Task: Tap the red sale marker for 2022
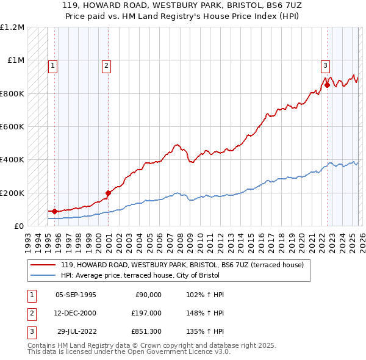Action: click(x=327, y=85)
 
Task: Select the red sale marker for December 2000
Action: click(x=109, y=193)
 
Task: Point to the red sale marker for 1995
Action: click(x=55, y=211)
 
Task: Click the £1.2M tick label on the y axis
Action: click(x=12, y=27)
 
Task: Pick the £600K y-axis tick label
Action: click(x=12, y=127)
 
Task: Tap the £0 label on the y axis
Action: click(x=18, y=226)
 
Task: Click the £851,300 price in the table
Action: click(x=146, y=333)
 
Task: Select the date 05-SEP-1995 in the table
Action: click(x=76, y=294)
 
